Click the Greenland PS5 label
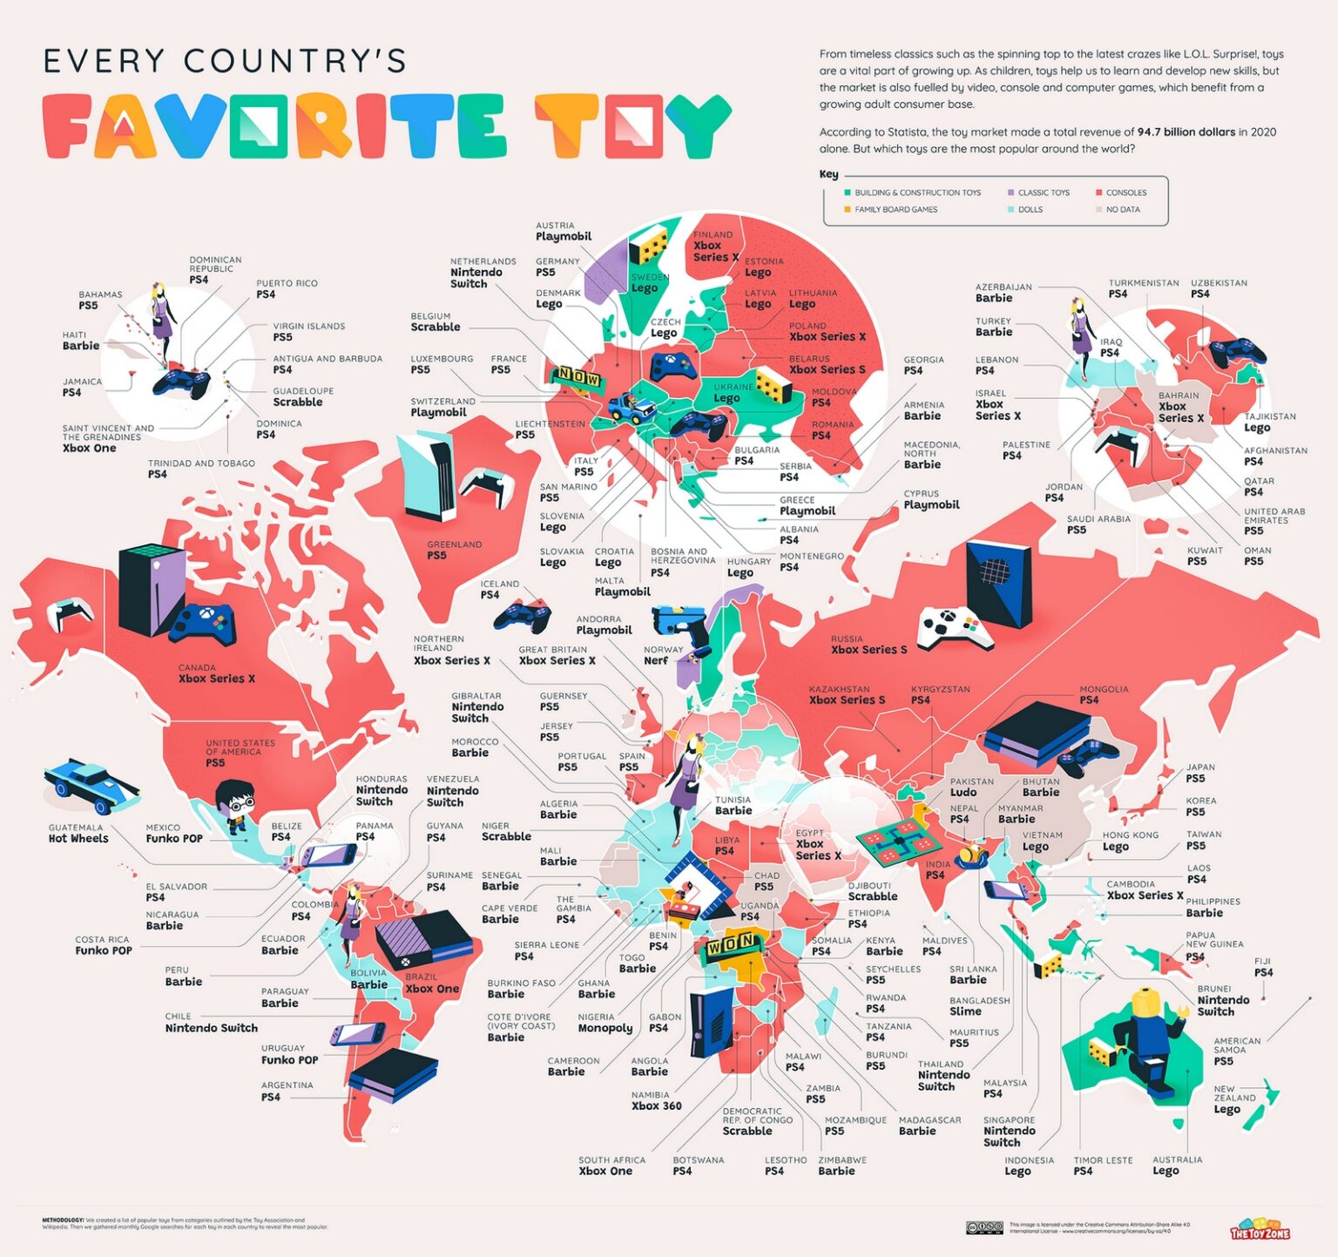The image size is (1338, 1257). (454, 550)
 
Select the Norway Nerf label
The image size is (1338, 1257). (663, 655)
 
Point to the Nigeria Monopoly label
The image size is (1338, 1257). (605, 1023)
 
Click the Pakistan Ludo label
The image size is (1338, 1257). (970, 787)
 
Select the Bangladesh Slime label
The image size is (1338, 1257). (978, 1006)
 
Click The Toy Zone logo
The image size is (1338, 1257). (1259, 1228)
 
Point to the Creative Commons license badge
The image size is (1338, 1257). (984, 1227)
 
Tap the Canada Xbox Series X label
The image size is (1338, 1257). (215, 673)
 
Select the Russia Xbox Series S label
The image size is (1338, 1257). (868, 645)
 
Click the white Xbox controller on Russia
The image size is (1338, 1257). (948, 627)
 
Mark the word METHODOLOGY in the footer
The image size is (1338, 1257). (63, 1220)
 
